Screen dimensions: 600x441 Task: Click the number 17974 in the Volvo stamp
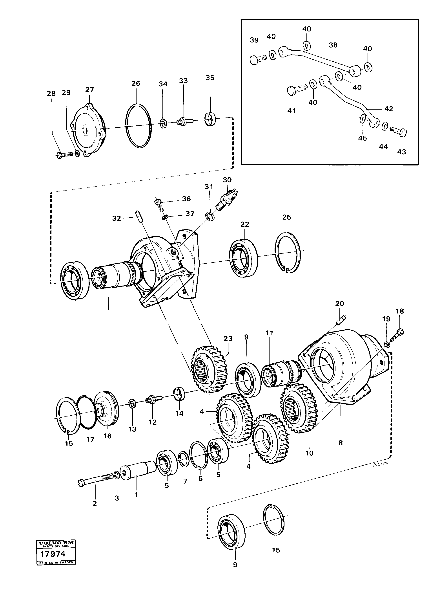click(x=53, y=554)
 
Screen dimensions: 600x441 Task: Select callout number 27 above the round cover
click(x=89, y=90)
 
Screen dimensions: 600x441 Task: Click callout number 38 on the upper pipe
click(x=333, y=45)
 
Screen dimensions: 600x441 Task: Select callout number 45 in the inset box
click(x=362, y=138)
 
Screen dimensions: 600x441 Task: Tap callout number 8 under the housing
click(x=340, y=443)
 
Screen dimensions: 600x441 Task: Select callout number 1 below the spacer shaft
click(x=136, y=494)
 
